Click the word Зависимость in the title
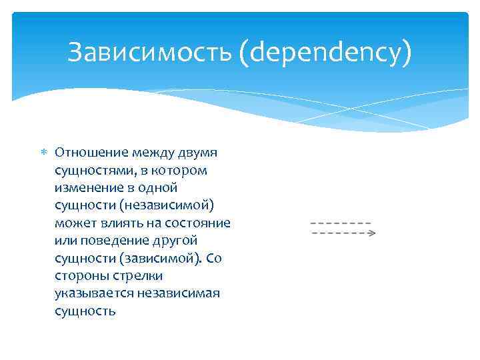(149, 53)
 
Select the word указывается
(92, 293)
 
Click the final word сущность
(85, 311)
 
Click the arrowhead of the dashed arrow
(372, 233)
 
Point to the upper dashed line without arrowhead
(340, 222)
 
